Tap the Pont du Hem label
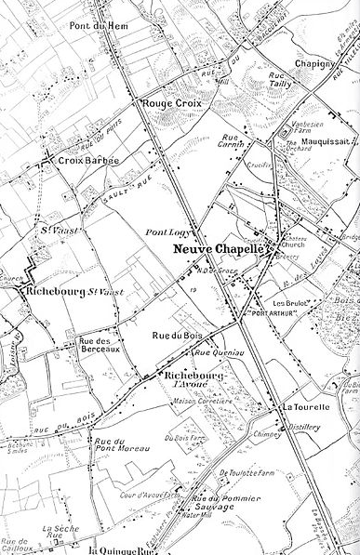click(92, 26)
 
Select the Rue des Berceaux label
click(100, 343)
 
